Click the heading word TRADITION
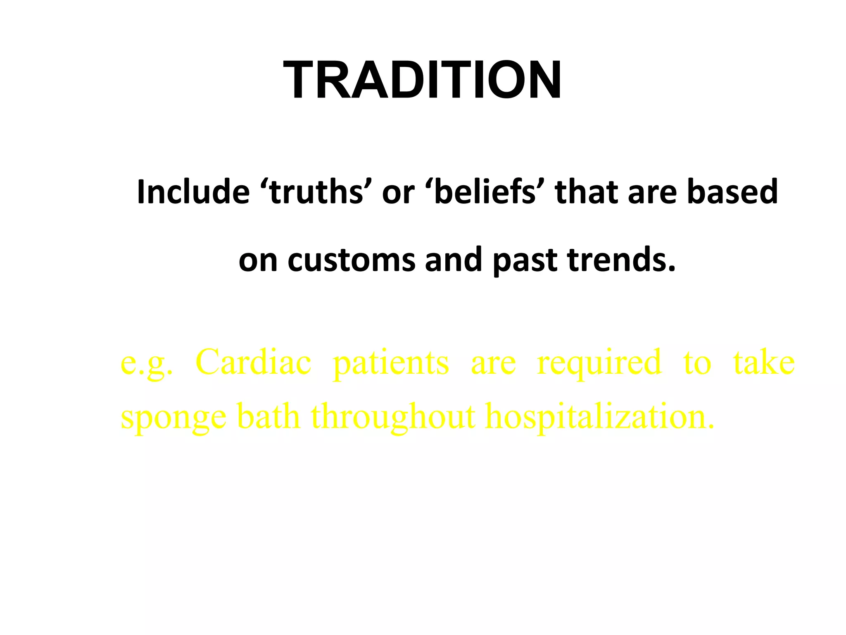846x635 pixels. click(x=422, y=80)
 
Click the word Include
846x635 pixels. click(x=193, y=192)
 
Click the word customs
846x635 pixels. click(x=351, y=260)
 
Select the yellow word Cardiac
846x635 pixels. click(x=253, y=363)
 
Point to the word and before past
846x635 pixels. click(x=453, y=260)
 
